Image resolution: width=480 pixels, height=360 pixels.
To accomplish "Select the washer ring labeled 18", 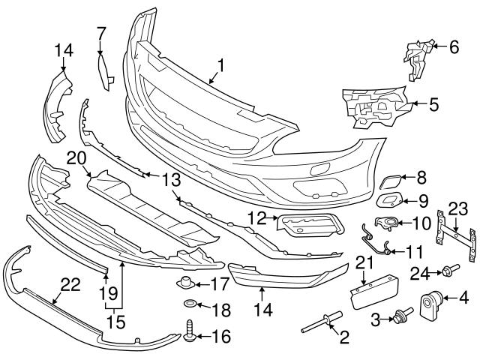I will [190, 306].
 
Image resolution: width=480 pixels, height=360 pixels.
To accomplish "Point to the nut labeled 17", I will [182, 284].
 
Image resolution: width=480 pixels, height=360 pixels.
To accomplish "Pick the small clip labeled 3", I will [400, 319].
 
